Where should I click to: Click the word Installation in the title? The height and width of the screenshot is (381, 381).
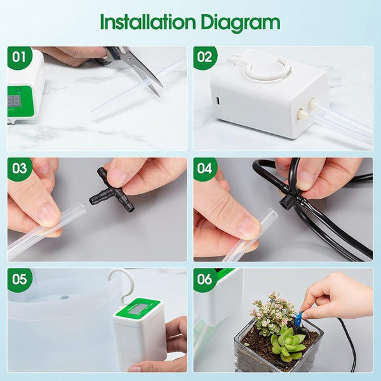(x=145, y=23)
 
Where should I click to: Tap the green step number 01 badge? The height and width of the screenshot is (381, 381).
(x=20, y=58)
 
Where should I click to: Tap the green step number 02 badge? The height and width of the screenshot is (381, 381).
(x=204, y=58)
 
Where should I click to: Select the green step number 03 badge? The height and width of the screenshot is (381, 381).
(x=20, y=170)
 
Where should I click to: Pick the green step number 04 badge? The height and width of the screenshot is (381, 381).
(x=204, y=170)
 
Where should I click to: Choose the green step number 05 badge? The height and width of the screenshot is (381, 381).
(x=20, y=280)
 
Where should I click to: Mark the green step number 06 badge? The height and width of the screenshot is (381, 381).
(x=204, y=280)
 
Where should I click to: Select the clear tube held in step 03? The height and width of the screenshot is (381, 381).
(x=44, y=232)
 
